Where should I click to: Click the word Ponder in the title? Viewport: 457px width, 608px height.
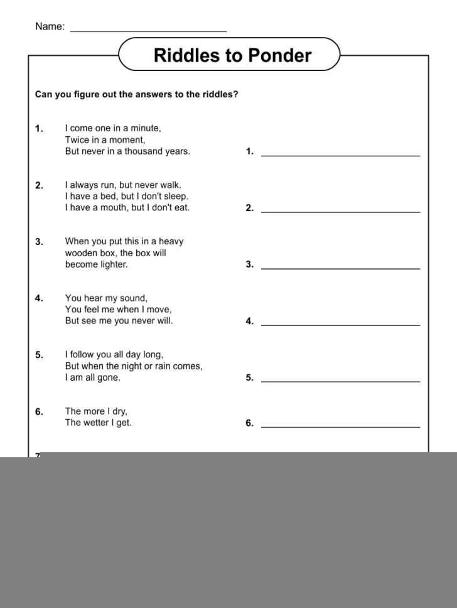[x=280, y=56]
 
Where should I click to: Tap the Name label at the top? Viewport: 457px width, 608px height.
[x=50, y=26]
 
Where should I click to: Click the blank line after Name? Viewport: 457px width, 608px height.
[x=148, y=30]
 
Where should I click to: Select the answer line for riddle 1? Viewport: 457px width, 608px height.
[x=340, y=155]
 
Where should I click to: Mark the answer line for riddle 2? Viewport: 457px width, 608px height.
[x=340, y=212]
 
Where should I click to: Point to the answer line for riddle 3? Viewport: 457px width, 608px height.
[x=340, y=268]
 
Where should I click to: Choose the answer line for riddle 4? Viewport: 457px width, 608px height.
[x=340, y=325]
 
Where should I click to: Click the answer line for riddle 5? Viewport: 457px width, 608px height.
[x=340, y=381]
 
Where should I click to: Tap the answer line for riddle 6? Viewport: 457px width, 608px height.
[x=340, y=426]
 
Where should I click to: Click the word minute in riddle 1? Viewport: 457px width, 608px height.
[x=144, y=128]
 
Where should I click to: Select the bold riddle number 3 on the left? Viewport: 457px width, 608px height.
[x=39, y=242]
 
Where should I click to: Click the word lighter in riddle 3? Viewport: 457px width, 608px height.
[x=113, y=264]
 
